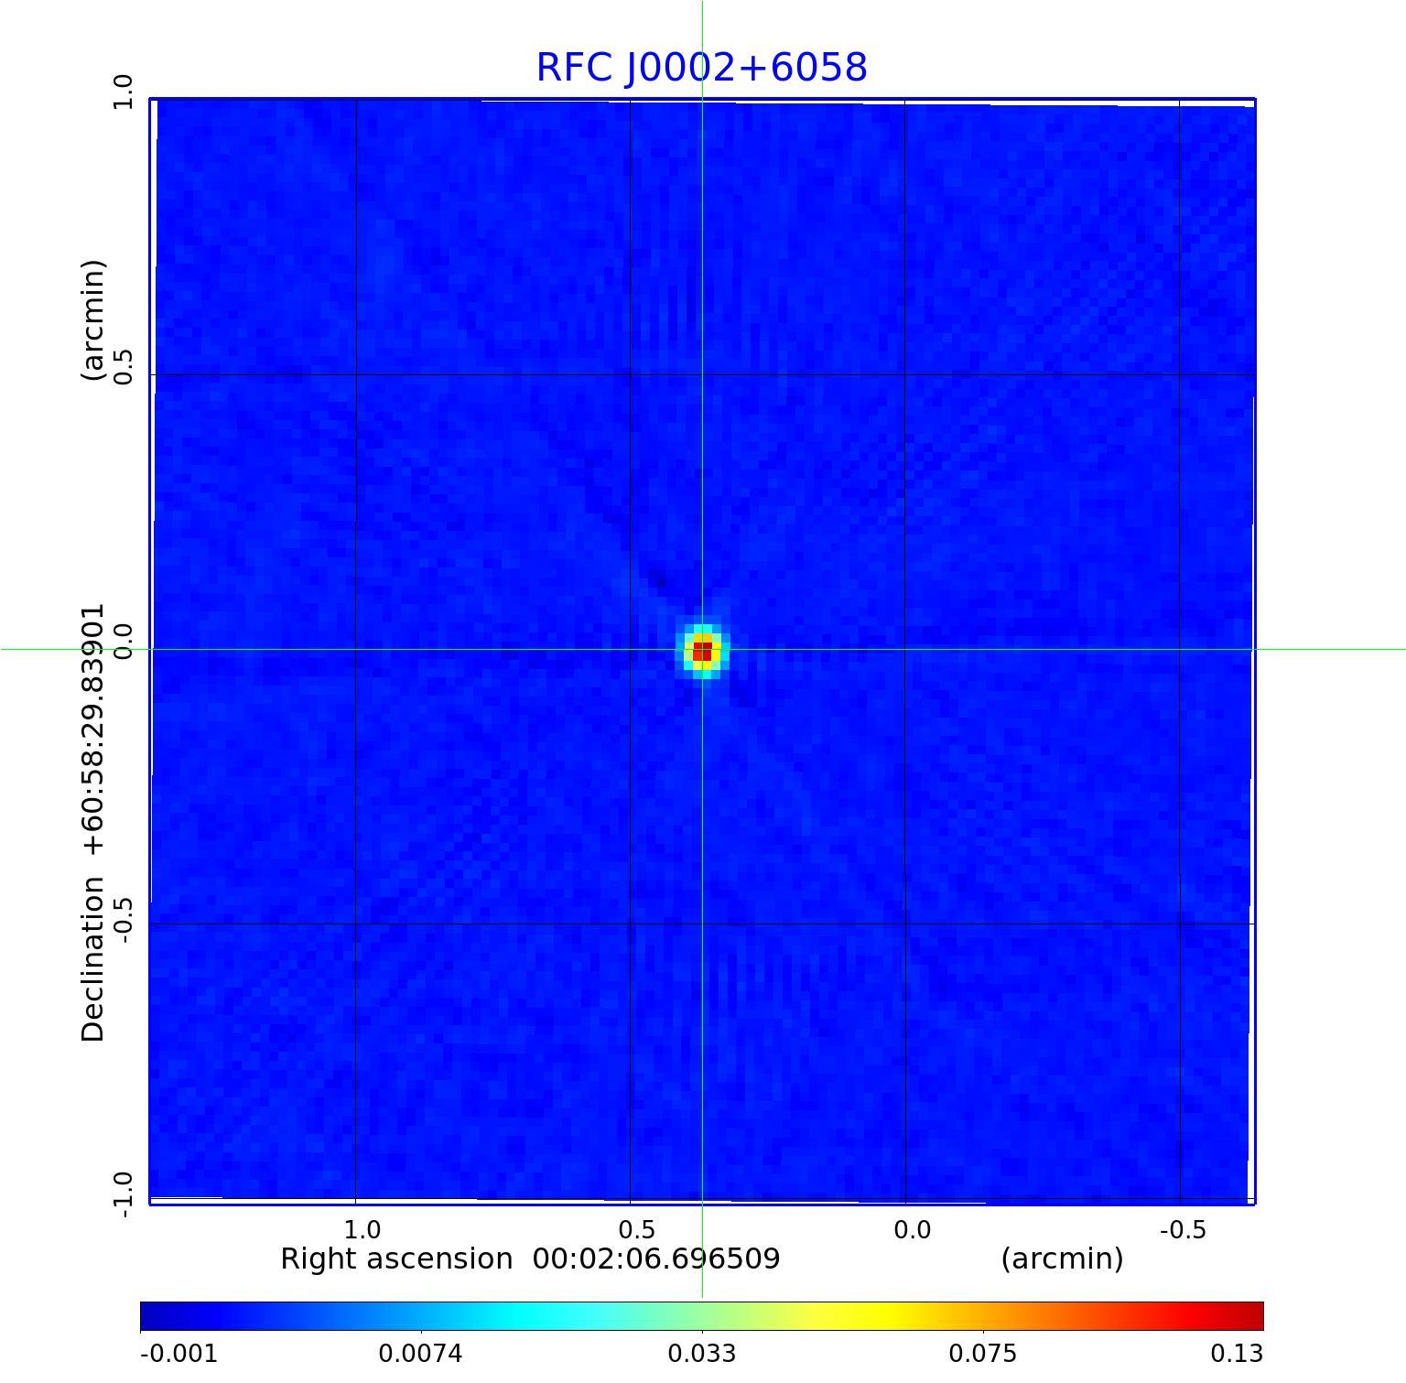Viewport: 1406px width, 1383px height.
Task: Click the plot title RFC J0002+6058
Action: [701, 68]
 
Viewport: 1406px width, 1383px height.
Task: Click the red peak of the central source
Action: [702, 651]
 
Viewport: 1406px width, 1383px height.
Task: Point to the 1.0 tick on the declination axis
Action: [123, 92]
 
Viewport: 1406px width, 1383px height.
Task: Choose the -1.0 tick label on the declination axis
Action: [123, 1189]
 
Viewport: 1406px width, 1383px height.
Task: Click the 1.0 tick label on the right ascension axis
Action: [363, 1229]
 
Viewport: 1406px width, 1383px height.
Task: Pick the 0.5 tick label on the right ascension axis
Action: [636, 1229]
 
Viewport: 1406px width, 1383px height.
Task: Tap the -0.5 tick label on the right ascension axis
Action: [1183, 1229]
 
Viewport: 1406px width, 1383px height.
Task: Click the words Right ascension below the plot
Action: [396, 1259]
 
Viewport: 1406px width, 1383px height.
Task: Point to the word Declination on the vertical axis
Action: [93, 959]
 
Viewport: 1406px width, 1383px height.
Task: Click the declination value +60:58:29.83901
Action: [93, 730]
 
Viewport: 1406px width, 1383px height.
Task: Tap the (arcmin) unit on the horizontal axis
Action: [1062, 1259]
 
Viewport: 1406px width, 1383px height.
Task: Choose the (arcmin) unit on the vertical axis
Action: [93, 320]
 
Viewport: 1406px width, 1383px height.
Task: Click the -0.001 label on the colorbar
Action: [178, 1354]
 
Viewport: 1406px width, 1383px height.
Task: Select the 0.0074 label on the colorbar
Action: [422, 1354]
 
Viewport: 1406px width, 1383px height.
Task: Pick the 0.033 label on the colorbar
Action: [702, 1354]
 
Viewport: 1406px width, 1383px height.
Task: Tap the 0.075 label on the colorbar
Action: [982, 1354]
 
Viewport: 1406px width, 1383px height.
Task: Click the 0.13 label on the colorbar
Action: [1238, 1354]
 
